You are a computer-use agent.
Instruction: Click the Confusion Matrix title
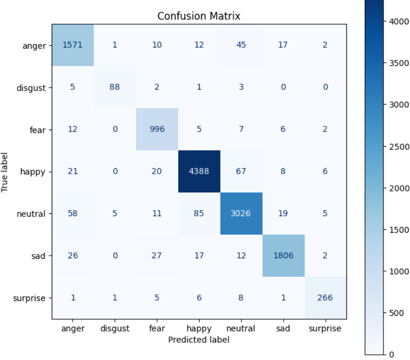click(x=199, y=16)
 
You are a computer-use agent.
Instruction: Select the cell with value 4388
click(x=199, y=171)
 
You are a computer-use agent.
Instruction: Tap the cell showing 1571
click(x=73, y=45)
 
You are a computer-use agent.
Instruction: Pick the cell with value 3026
click(x=241, y=214)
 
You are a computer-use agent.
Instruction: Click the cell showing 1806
click(x=283, y=256)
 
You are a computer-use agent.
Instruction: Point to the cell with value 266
click(x=325, y=298)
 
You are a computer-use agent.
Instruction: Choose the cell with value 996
click(x=157, y=129)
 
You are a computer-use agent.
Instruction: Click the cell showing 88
click(x=115, y=87)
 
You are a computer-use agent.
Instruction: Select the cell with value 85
click(x=199, y=214)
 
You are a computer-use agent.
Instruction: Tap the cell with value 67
click(x=241, y=171)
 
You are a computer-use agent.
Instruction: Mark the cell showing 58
click(x=73, y=214)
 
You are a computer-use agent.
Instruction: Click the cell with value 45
click(x=241, y=45)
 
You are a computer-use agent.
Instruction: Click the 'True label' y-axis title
click(x=5, y=171)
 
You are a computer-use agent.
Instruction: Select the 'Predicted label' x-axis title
click(x=199, y=340)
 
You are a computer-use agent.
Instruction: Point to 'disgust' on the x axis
click(x=115, y=329)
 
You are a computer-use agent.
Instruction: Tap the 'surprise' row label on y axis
click(x=29, y=298)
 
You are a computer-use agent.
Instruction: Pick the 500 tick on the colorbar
click(x=392, y=313)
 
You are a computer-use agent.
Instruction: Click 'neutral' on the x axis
click(x=241, y=329)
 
